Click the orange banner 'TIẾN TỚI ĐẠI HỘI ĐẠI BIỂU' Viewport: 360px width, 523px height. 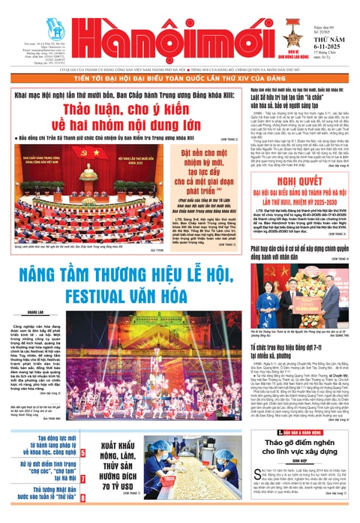click(x=179, y=77)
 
